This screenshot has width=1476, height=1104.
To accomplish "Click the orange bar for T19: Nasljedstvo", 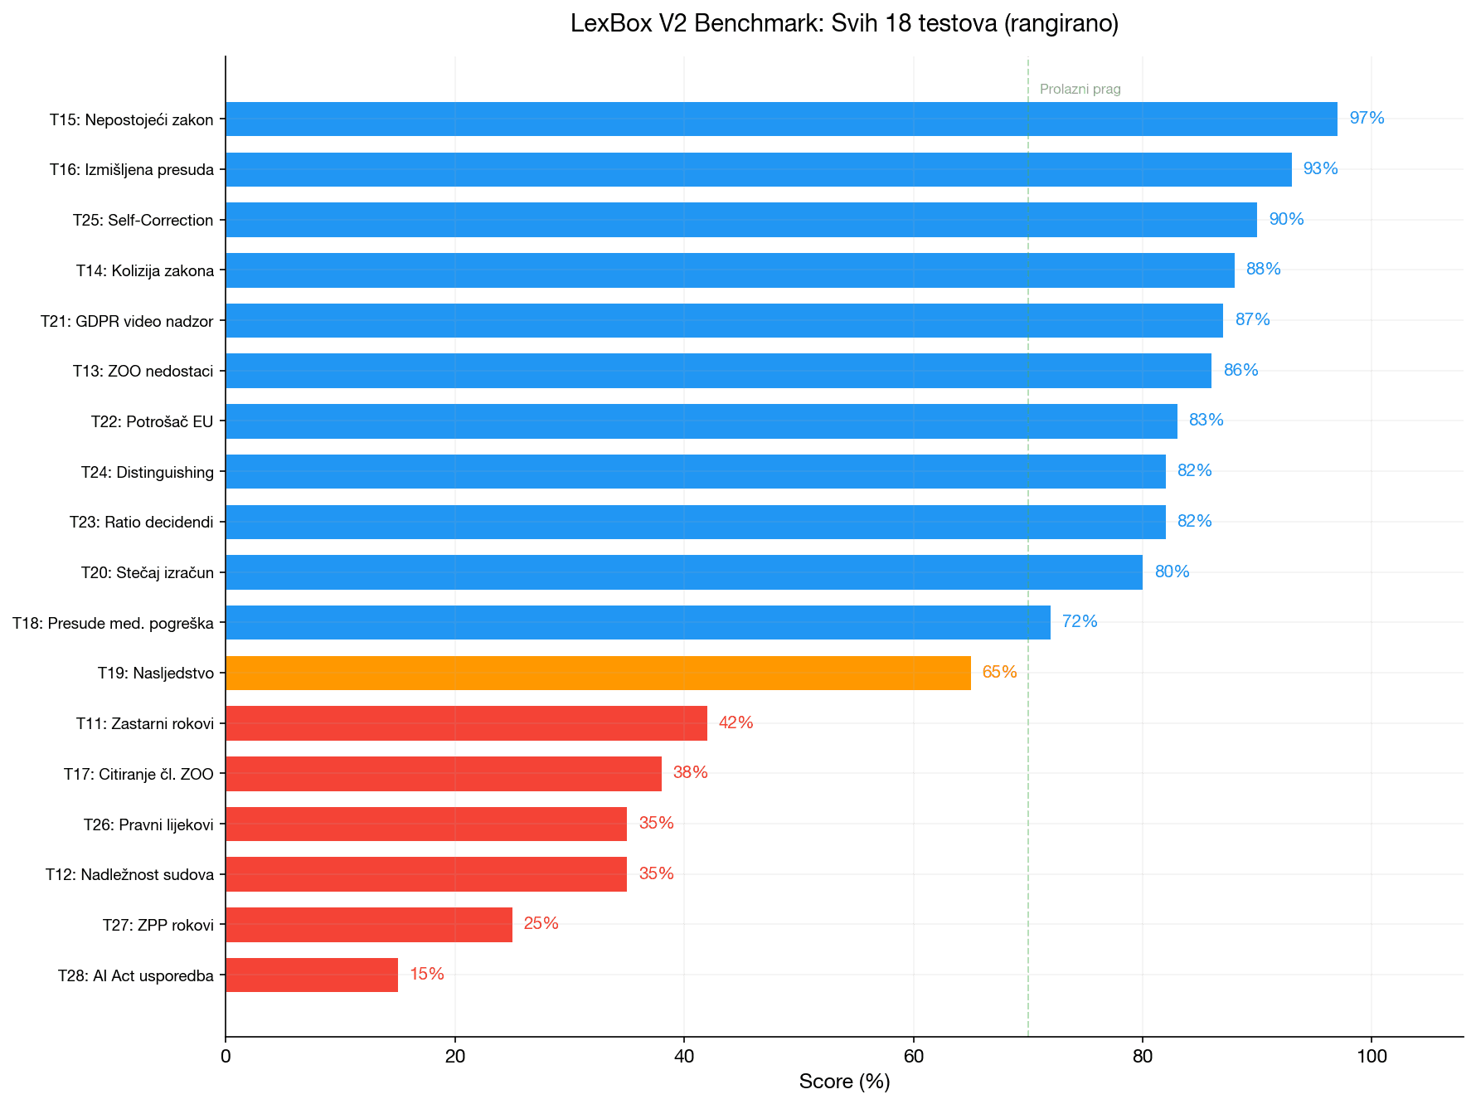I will pos(597,673).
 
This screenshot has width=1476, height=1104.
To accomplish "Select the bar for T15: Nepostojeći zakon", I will pos(779,119).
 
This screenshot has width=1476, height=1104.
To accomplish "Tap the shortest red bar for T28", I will pos(311,975).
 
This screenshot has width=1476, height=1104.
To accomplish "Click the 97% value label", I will pos(1367,119).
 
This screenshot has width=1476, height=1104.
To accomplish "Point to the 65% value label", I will pos(999,672).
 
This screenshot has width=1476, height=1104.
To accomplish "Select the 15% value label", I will pos(427,974).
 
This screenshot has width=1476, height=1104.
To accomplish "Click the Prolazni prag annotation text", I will pos(1080,90).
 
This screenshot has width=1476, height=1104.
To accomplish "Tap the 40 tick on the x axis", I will pos(684,1057).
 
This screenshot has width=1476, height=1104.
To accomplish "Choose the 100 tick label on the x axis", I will pos(1372,1057).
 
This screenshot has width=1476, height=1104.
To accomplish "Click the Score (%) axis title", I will pos(844,1082).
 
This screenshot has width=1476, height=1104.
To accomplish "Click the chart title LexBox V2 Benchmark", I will pos(844,23).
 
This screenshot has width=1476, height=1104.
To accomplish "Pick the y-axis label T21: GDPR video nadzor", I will pos(127,321).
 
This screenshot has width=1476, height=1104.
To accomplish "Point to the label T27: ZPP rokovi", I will pos(158,925).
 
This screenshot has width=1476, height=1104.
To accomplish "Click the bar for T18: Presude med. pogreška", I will pos(637,622).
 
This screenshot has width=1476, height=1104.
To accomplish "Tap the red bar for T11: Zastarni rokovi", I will pos(466,723).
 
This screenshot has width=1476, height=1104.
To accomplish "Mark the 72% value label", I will pos(1080,621).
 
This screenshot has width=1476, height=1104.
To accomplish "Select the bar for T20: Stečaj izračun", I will pos(683,572).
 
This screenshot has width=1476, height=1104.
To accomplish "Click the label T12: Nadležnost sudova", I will pos(129,874).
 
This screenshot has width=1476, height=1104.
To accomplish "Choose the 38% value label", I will pos(690,773).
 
